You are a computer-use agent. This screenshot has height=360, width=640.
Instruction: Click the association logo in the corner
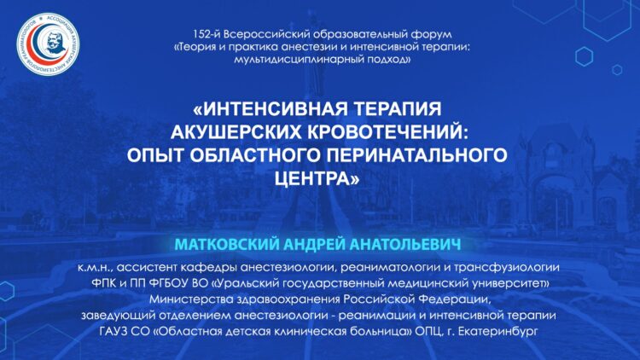click(48, 44)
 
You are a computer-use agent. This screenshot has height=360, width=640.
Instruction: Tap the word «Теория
click(195, 47)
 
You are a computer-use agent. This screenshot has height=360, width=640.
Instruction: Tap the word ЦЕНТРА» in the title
click(317, 178)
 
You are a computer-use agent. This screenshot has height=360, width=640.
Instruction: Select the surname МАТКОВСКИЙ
click(227, 244)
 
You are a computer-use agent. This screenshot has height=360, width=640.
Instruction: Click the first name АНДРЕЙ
click(314, 244)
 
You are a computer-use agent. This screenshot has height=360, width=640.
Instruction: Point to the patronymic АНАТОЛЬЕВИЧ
click(405, 244)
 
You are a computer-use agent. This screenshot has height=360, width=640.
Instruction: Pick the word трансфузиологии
click(507, 267)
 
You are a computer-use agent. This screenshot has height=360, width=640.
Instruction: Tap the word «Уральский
click(245, 283)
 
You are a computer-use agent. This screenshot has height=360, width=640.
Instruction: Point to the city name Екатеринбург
click(498, 332)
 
